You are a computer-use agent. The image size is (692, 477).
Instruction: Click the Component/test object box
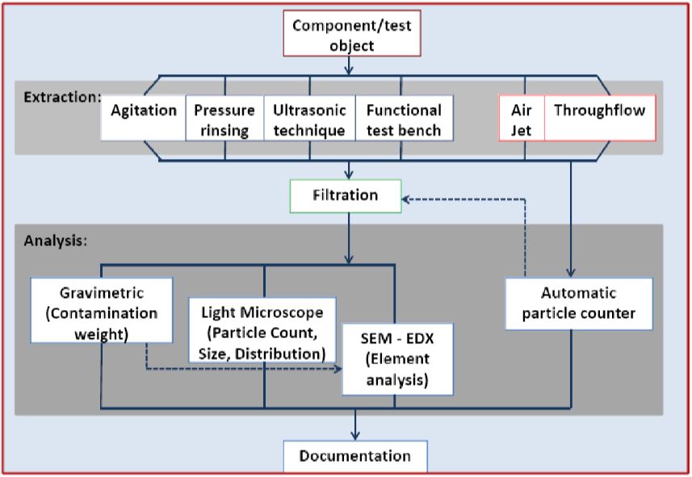click(x=351, y=36)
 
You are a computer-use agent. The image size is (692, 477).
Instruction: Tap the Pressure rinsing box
click(x=224, y=119)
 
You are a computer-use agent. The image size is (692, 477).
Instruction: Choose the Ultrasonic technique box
click(x=309, y=119)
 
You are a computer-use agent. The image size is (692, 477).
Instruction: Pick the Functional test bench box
click(x=403, y=119)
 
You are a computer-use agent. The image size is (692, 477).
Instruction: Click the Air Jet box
click(x=522, y=119)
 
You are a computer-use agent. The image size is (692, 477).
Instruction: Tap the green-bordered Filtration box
click(x=345, y=195)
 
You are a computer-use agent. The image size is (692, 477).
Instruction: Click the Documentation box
click(x=354, y=456)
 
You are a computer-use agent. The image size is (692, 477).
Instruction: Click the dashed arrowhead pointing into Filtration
click(x=408, y=198)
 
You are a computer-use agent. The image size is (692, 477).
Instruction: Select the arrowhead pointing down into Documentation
click(x=354, y=436)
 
